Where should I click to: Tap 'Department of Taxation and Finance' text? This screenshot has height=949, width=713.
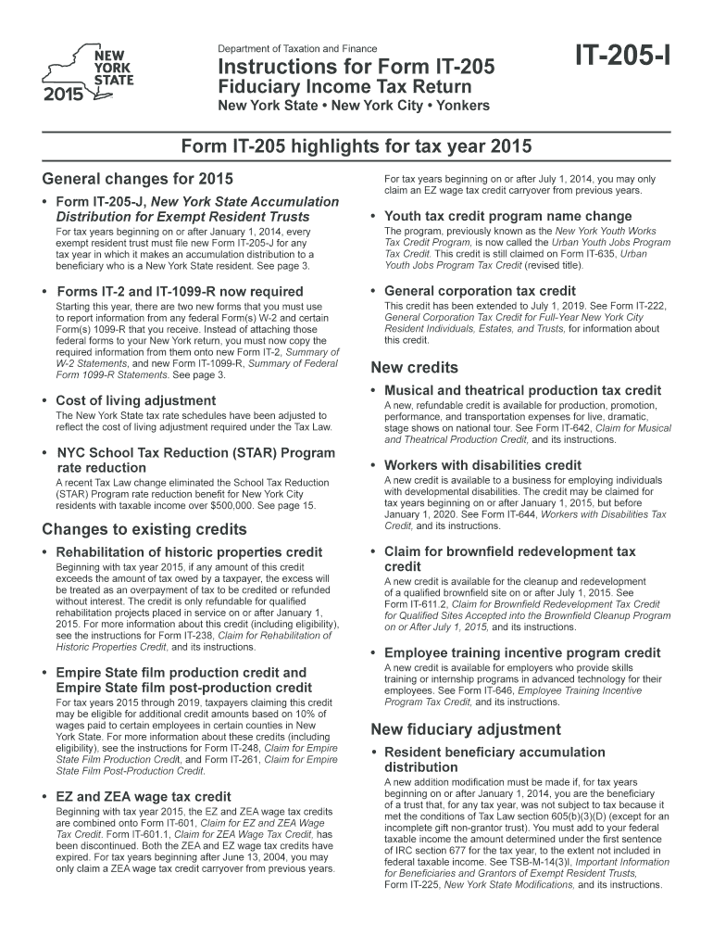tap(297, 48)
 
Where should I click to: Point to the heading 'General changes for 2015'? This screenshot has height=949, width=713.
tap(138, 179)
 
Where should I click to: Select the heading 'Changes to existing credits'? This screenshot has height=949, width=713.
tap(144, 529)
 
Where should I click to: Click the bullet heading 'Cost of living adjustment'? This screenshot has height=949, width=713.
tap(136, 400)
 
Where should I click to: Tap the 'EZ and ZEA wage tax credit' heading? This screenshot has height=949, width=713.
tap(144, 796)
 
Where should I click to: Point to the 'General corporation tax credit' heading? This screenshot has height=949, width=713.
tap(480, 291)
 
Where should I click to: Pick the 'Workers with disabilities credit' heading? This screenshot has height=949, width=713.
tap(482, 464)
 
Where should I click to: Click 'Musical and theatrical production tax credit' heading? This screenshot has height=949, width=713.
tap(522, 390)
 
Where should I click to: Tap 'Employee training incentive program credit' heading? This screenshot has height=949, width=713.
tap(522, 652)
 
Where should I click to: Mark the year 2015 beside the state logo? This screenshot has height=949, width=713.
tap(62, 94)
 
